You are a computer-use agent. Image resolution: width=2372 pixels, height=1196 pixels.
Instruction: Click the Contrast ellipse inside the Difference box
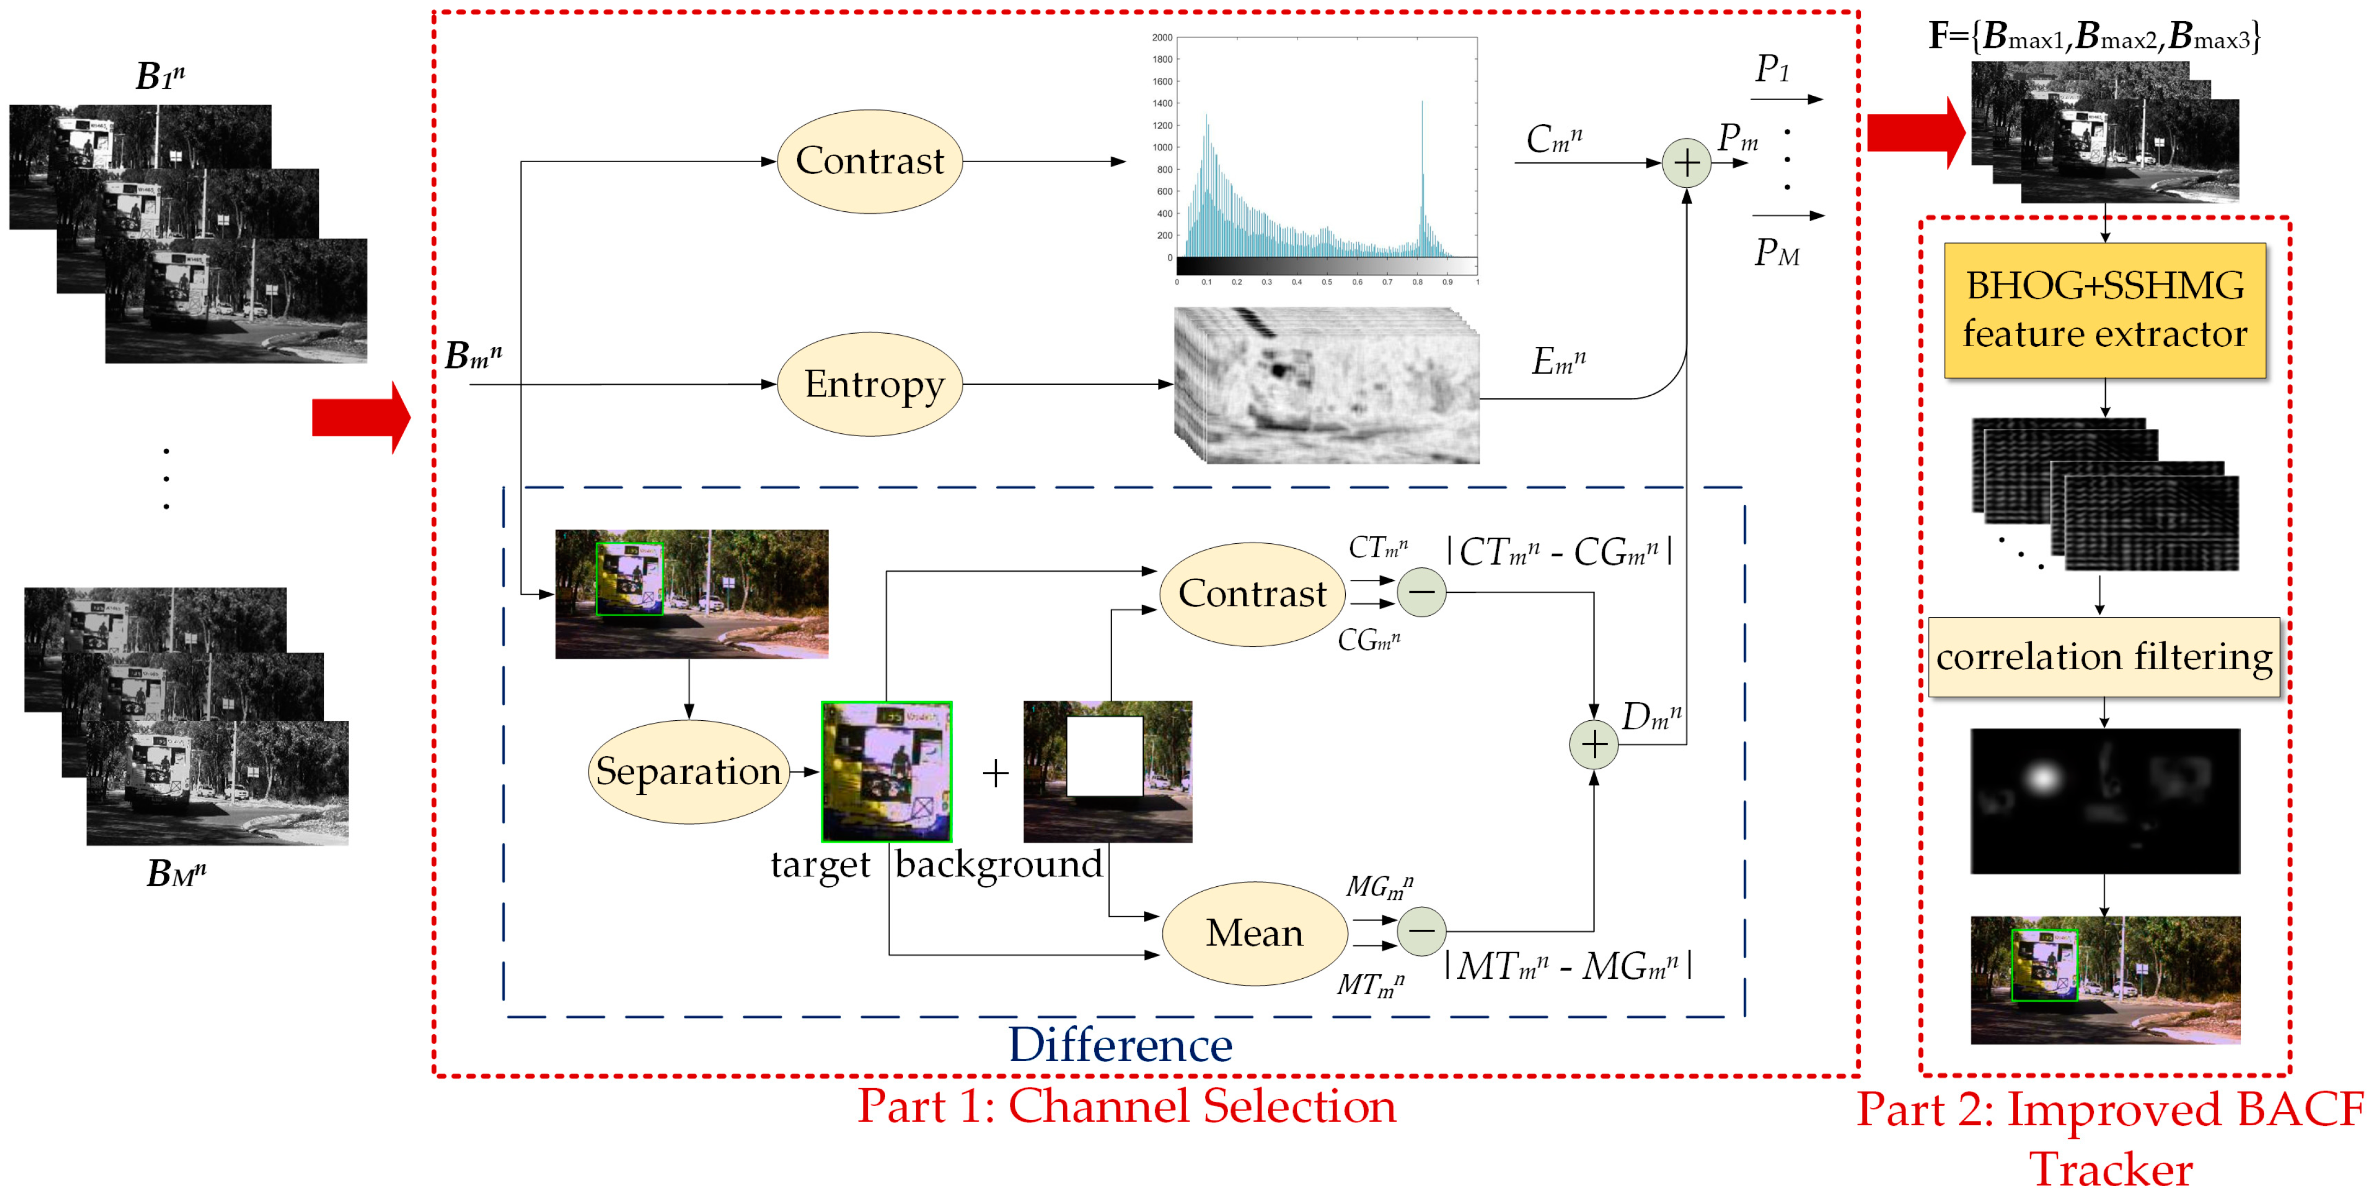[x=1252, y=594]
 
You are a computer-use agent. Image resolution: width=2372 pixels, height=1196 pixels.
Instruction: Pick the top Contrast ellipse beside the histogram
[x=869, y=161]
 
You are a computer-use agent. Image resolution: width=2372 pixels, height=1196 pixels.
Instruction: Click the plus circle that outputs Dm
[x=1594, y=744]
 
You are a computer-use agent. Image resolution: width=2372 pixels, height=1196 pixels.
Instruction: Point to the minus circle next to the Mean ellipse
[x=1421, y=931]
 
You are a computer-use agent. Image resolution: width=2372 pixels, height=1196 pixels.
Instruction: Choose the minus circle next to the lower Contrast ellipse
[x=1421, y=593]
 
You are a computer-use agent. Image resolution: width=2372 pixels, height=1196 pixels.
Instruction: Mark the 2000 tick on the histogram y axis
[x=1162, y=38]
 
